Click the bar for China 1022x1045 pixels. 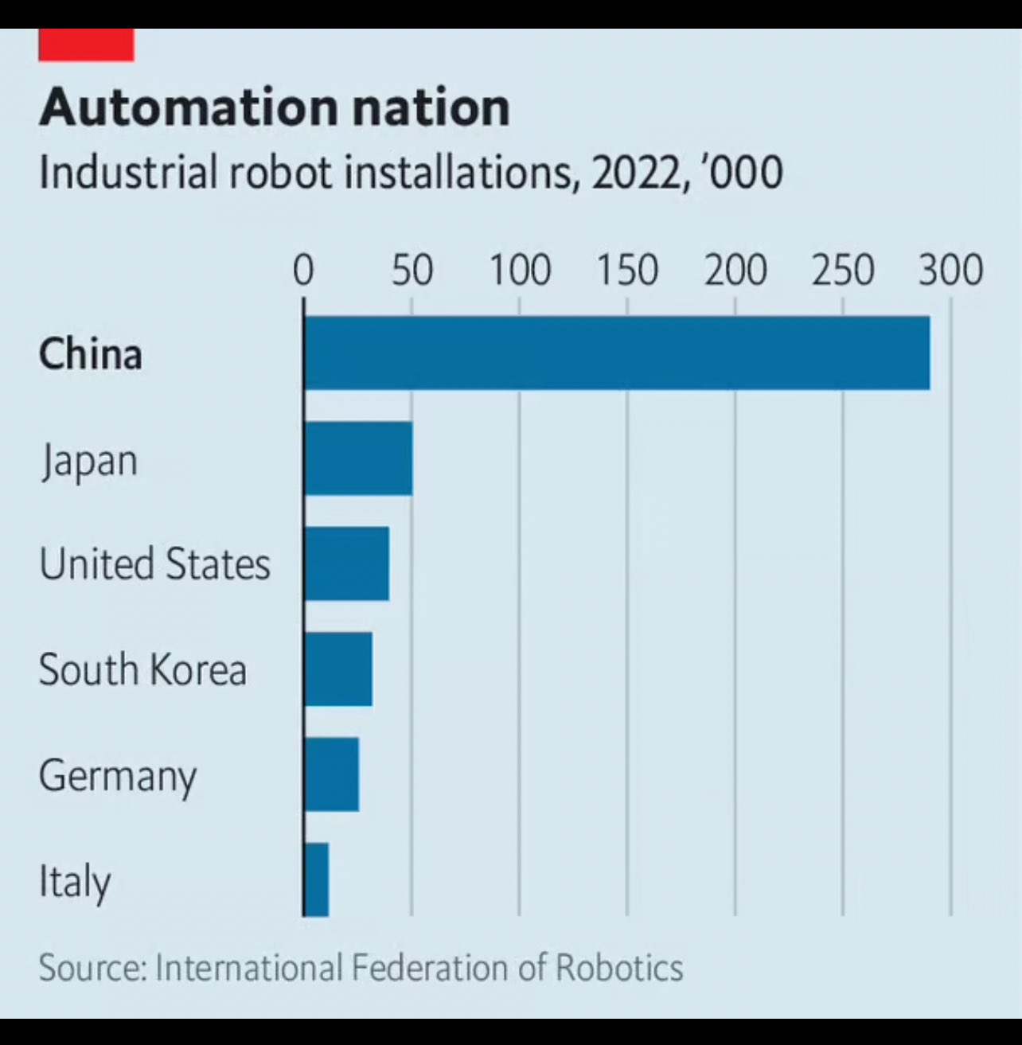pyautogui.click(x=617, y=353)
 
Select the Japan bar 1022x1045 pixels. pyautogui.click(x=358, y=458)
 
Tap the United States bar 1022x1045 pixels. pyautogui.click(x=346, y=563)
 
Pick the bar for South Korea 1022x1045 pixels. pyautogui.click(x=338, y=669)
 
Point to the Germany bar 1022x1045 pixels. pyautogui.click(x=332, y=774)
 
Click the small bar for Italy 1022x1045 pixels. pyautogui.click(x=317, y=879)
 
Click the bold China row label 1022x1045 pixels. pyautogui.click(x=91, y=354)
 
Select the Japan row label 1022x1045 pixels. pyautogui.click(x=89, y=461)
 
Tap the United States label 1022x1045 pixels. pyautogui.click(x=154, y=564)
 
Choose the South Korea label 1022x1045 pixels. pyautogui.click(x=142, y=669)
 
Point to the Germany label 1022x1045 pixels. pyautogui.click(x=118, y=776)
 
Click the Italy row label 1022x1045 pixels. pyautogui.click(x=75, y=882)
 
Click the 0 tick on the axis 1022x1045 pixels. pyautogui.click(x=303, y=271)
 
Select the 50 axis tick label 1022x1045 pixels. pyautogui.click(x=412, y=271)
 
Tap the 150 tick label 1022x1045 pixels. pyautogui.click(x=627, y=271)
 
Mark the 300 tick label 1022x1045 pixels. pyautogui.click(x=950, y=271)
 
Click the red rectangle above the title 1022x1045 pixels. pyautogui.click(x=86, y=45)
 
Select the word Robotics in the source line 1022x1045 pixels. pyautogui.click(x=618, y=968)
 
